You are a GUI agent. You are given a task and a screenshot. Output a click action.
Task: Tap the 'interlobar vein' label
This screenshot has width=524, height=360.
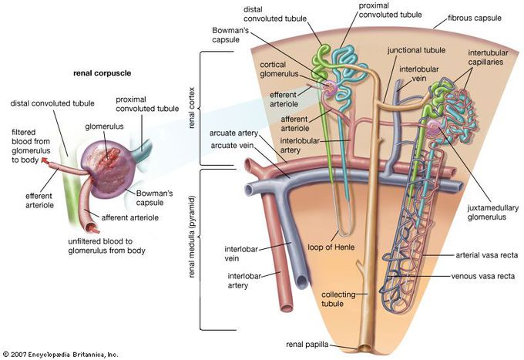(239, 254)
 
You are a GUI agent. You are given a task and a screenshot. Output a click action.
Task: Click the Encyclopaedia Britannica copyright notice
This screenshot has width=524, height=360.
(60, 355)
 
